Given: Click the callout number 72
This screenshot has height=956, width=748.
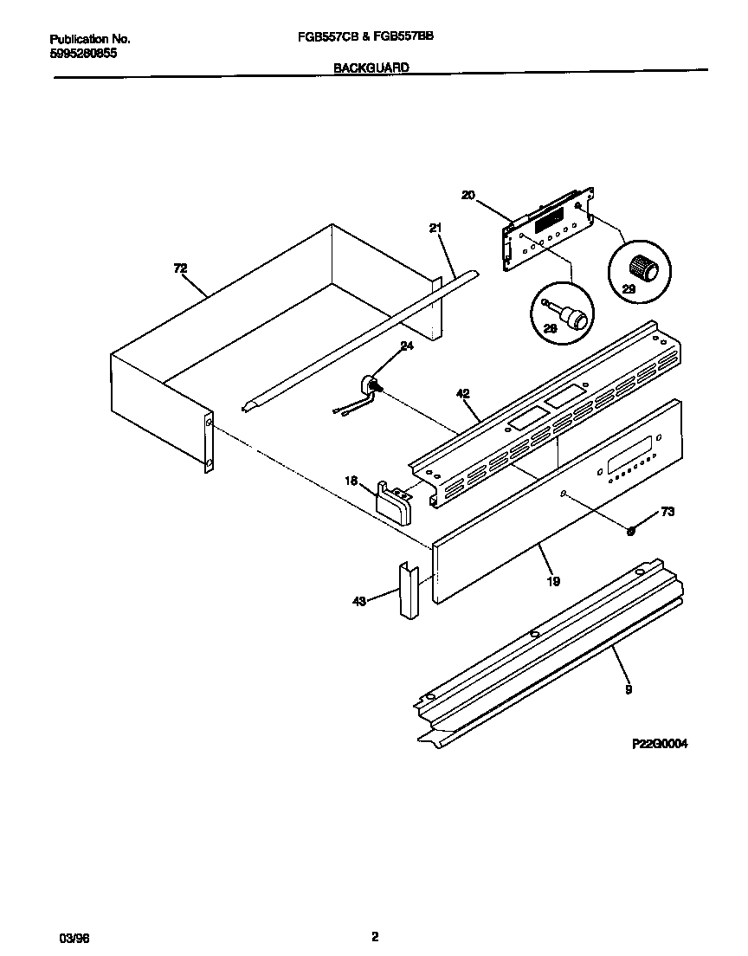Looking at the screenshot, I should (x=180, y=269).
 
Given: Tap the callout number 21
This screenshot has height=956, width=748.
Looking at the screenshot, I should (x=435, y=228).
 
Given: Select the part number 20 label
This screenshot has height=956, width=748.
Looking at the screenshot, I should (x=467, y=196).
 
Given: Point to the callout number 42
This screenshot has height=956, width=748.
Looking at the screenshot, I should (x=463, y=394).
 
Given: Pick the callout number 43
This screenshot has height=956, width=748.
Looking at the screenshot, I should (x=358, y=599).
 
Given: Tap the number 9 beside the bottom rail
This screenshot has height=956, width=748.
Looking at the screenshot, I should (x=629, y=690).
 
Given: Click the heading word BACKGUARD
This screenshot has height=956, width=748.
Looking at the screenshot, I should (x=371, y=67).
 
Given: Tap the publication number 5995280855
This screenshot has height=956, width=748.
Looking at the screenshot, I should (x=83, y=53).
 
